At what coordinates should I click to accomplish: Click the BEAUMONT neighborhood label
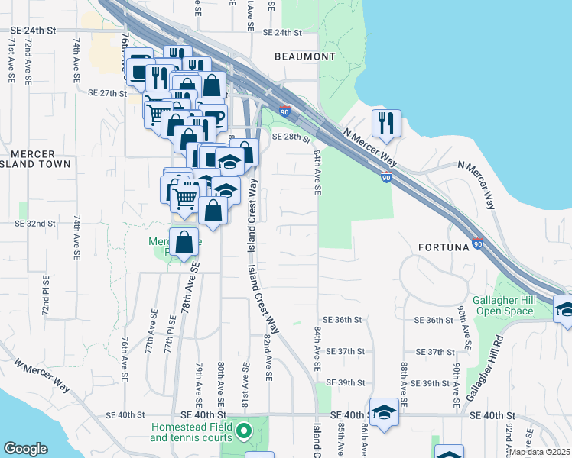point(305,57)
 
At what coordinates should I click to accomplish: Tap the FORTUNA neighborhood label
point(447,248)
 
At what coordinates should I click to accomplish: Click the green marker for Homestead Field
point(244,432)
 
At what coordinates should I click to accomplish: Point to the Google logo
point(25,449)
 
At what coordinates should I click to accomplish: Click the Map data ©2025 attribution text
point(540,452)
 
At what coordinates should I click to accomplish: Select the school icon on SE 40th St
point(385,412)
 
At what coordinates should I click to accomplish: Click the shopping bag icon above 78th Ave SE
point(184,243)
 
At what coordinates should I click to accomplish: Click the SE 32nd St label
point(36,224)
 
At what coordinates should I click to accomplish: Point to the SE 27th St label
point(107,93)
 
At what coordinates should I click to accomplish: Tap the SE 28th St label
point(291,137)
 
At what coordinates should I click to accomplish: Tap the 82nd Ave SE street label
point(268,356)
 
